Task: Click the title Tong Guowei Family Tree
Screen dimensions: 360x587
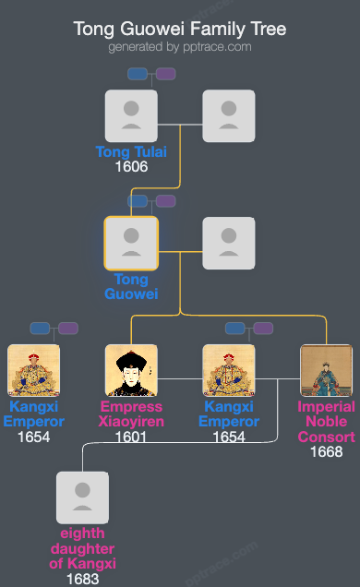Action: tap(180, 29)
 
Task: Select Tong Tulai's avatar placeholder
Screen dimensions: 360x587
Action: tap(131, 115)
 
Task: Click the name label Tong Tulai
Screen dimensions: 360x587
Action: tap(131, 152)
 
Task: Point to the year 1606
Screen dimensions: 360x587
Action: tap(131, 168)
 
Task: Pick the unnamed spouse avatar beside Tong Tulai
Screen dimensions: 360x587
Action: tap(229, 115)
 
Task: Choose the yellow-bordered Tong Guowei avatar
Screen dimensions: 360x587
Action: tap(131, 243)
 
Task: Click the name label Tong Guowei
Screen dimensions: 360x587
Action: tap(131, 287)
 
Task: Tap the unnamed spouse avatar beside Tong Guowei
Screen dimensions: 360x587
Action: tap(229, 243)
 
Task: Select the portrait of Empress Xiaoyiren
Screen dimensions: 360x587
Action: tap(131, 370)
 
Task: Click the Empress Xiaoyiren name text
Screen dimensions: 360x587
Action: tap(131, 414)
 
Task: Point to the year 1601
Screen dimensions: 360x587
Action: tap(131, 437)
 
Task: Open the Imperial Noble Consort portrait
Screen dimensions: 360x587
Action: tap(327, 370)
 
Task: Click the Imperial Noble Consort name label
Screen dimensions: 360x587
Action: tap(327, 422)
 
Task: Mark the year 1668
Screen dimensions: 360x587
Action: tap(327, 452)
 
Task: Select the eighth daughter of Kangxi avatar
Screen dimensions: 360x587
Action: tap(82, 497)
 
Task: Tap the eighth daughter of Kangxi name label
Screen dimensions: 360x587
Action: tap(82, 548)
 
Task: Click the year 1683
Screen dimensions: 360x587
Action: tap(82, 580)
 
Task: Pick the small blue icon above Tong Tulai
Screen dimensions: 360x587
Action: tap(138, 74)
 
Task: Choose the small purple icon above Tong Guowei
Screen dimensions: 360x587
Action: tap(165, 201)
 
